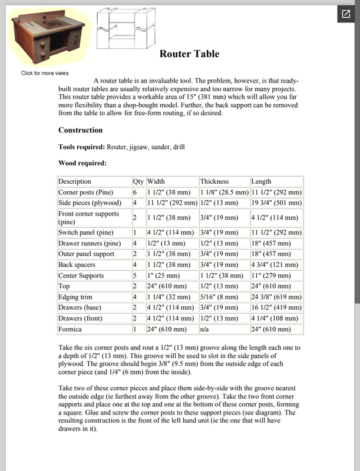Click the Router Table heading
click(189, 54)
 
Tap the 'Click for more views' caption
click(45, 73)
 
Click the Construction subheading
click(80, 130)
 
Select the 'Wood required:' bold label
click(82, 163)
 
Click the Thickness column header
click(214, 181)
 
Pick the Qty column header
click(138, 181)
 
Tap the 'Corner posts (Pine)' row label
click(85, 193)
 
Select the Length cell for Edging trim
click(276, 297)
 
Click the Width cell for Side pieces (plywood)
click(171, 203)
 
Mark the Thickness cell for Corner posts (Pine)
click(224, 193)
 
